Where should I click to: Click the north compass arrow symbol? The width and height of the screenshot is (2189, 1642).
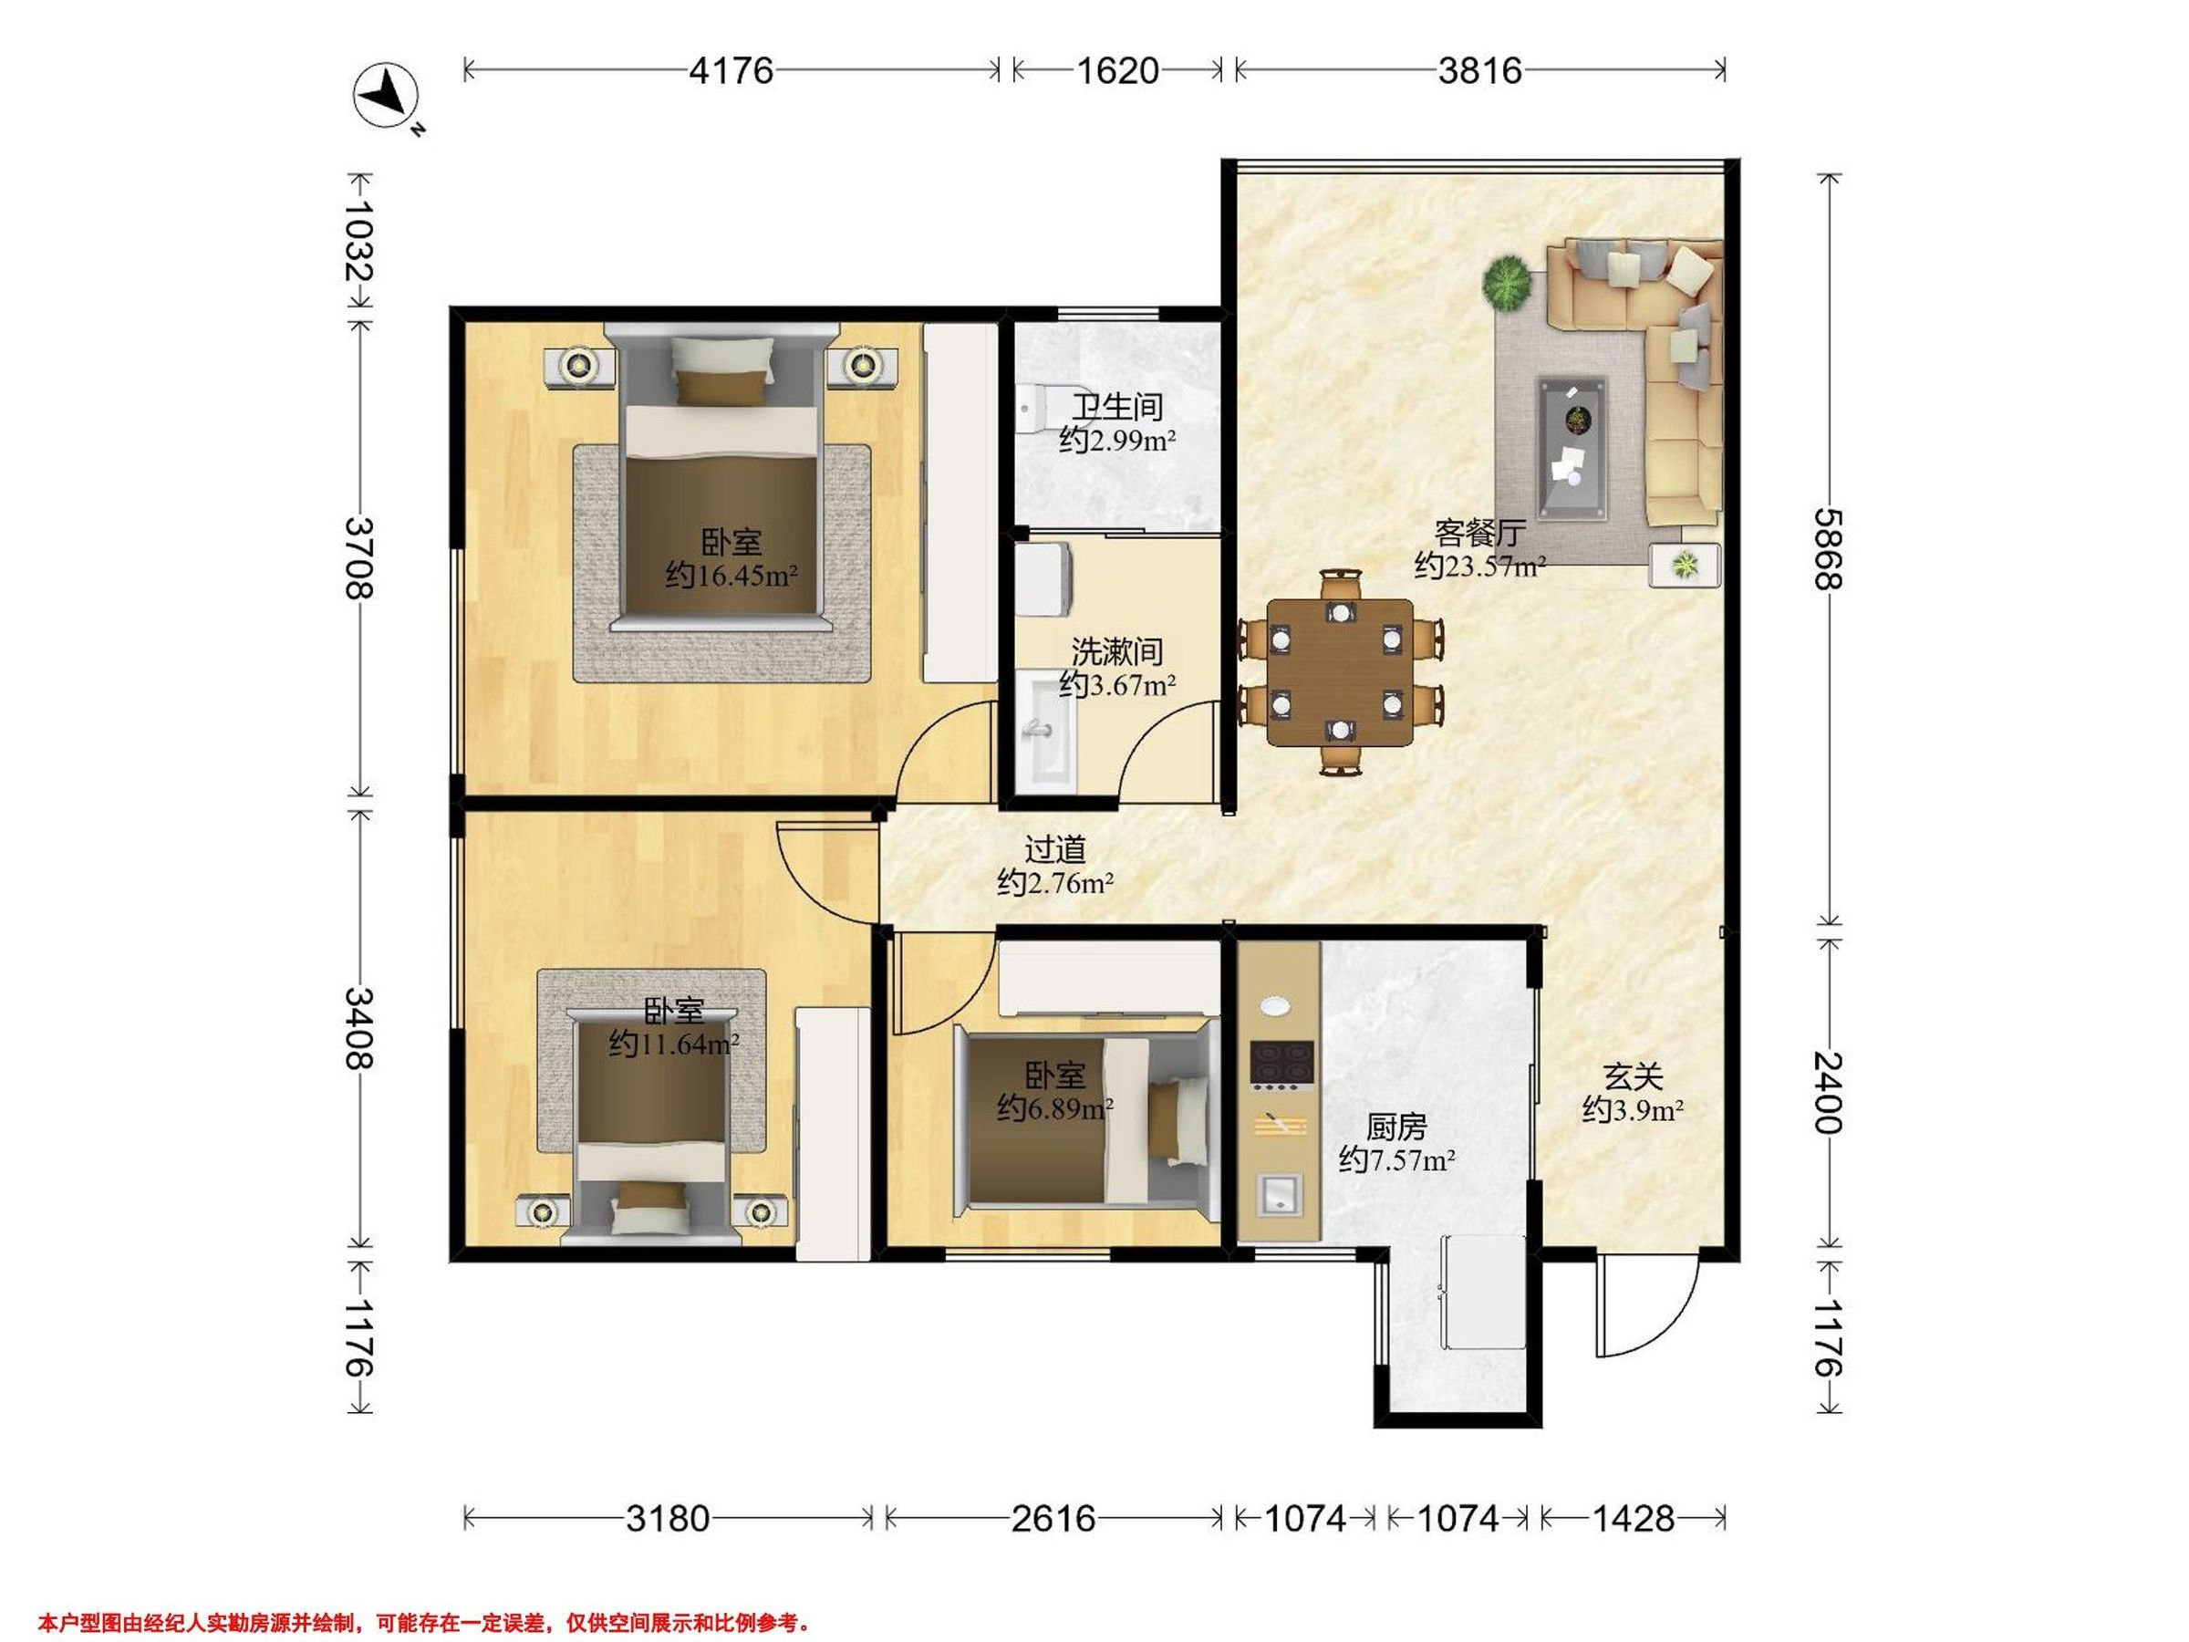click(387, 97)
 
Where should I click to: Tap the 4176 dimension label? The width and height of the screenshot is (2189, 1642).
click(731, 70)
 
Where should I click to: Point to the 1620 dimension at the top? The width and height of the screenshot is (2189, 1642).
click(1117, 70)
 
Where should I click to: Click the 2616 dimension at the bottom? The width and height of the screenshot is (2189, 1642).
click(1053, 1518)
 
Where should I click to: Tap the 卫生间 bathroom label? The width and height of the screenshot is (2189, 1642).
click(1117, 407)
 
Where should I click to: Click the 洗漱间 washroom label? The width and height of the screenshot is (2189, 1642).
click(1117, 652)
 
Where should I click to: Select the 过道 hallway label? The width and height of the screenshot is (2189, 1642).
click(1055, 849)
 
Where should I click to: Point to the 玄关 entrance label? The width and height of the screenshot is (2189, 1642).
click(1633, 1076)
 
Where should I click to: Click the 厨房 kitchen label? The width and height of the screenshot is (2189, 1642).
click(1396, 1127)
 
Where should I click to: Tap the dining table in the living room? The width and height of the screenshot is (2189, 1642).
click(1340, 673)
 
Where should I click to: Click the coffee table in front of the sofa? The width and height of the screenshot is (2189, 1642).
click(1572, 446)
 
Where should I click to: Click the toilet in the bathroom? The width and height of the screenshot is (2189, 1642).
click(1038, 405)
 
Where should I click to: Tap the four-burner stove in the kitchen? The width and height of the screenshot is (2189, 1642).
click(1282, 1062)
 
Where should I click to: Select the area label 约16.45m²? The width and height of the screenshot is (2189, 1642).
click(731, 575)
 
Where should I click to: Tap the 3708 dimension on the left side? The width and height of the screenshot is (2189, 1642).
click(359, 558)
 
